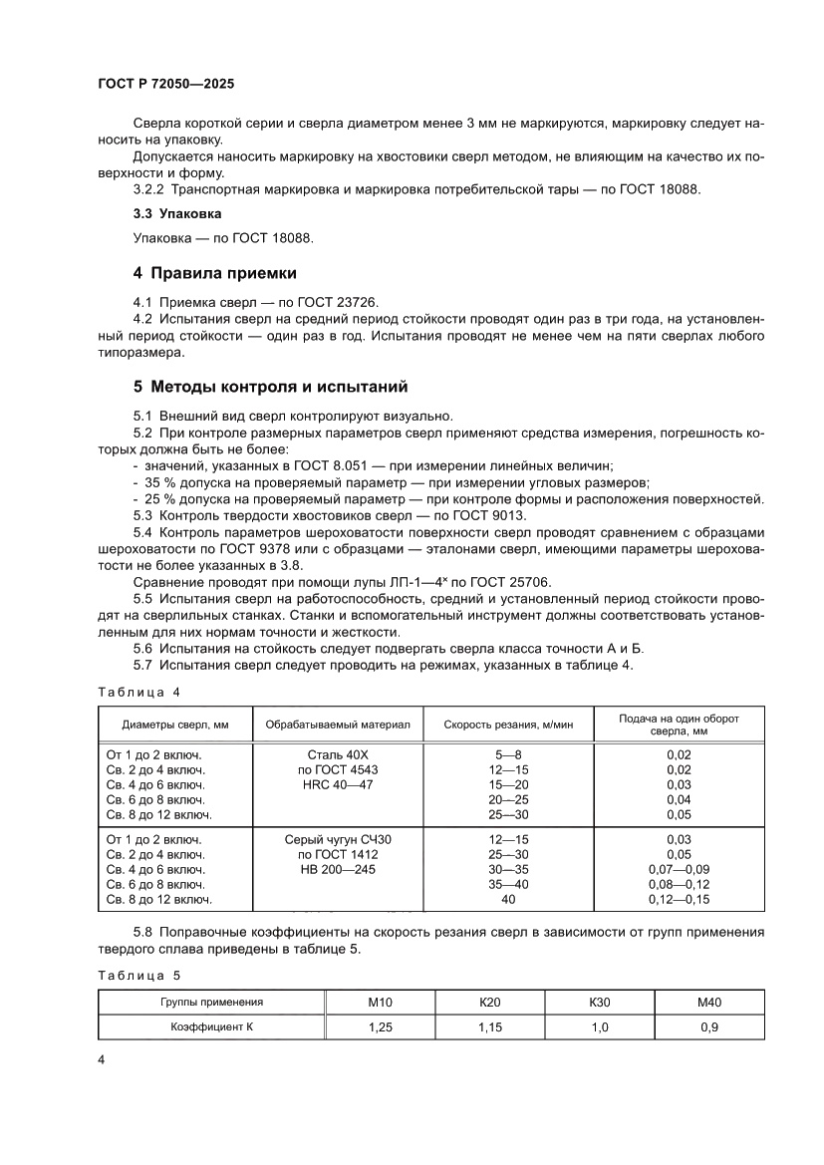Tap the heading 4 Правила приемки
click(x=214, y=273)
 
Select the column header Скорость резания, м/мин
click(x=509, y=725)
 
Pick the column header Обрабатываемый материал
click(x=338, y=725)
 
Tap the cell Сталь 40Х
click(x=338, y=754)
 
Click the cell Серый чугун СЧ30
click(x=338, y=840)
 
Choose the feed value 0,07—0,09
click(x=679, y=870)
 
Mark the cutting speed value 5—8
click(x=509, y=754)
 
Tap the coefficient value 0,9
click(x=709, y=1025)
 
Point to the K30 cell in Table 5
click(x=600, y=1002)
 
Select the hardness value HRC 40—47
click(x=338, y=784)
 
